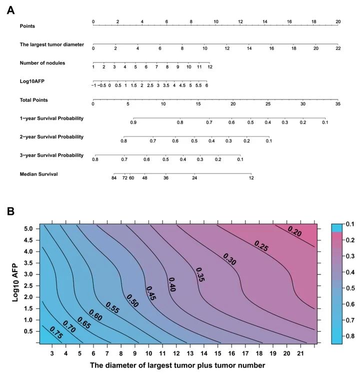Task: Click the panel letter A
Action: click(x=10, y=9)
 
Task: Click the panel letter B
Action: click(x=10, y=211)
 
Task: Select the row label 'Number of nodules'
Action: click(x=42, y=62)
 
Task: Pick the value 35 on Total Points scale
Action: click(x=338, y=104)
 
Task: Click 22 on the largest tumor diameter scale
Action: click(x=338, y=48)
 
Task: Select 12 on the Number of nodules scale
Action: click(x=210, y=67)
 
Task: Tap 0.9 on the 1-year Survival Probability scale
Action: click(x=133, y=122)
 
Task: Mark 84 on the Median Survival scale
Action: click(x=114, y=178)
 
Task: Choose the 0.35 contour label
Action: click(x=199, y=274)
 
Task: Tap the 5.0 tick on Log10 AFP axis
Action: click(x=29, y=228)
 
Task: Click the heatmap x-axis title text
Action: click(x=177, y=365)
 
